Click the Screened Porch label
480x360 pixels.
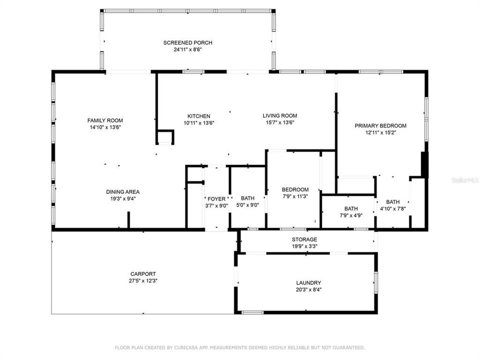coord(187,43)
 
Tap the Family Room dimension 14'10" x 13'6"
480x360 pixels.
coord(105,127)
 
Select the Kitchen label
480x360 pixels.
coord(198,116)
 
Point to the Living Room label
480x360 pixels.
coord(280,115)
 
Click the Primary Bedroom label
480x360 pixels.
coord(380,126)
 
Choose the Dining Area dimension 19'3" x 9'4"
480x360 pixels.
coord(123,198)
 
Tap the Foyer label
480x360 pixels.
coord(216,199)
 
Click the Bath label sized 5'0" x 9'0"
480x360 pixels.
coord(247,198)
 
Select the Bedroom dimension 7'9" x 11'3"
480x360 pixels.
coord(295,196)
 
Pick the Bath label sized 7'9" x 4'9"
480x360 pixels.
coord(351,209)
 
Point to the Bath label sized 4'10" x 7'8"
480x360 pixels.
coord(393,202)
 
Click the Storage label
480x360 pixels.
coord(304,239)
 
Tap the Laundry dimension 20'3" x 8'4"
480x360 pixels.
coord(308,289)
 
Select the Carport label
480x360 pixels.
coord(143,274)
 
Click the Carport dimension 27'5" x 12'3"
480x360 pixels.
coord(143,280)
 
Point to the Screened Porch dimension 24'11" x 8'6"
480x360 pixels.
coord(187,49)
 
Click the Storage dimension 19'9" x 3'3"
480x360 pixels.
coord(304,246)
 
